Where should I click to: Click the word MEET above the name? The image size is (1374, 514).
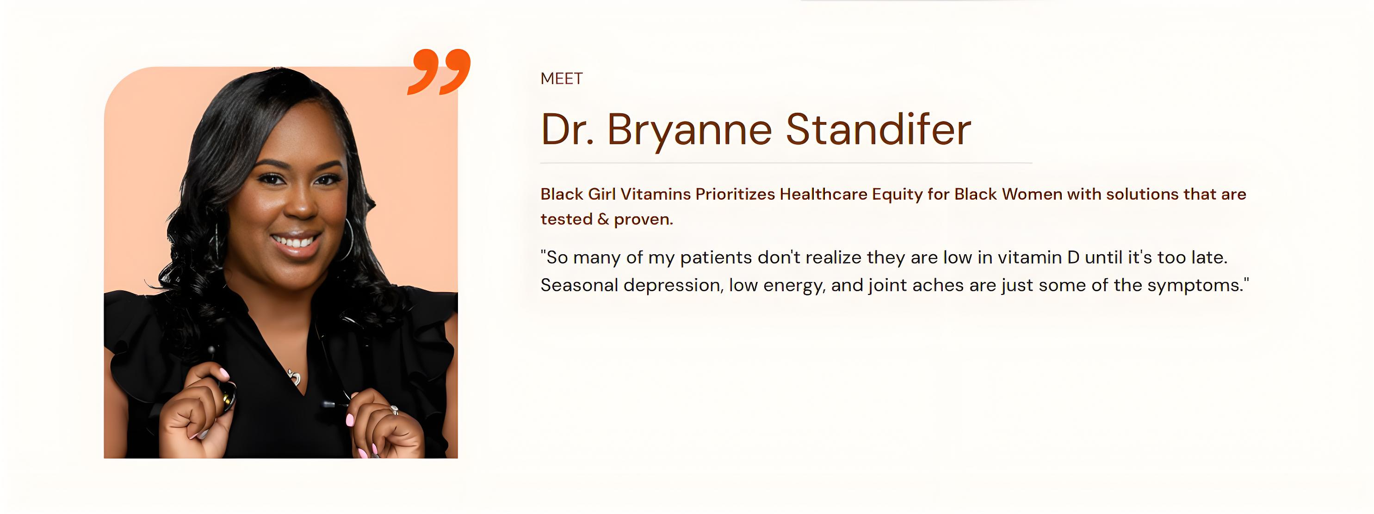pyautogui.click(x=561, y=79)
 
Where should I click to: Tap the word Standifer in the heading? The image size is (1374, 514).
pyautogui.click(x=878, y=129)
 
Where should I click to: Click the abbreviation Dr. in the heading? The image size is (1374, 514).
pyautogui.click(x=567, y=129)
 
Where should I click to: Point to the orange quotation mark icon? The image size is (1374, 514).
pyautogui.click(x=439, y=72)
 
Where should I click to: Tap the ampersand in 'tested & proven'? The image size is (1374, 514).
pyautogui.click(x=603, y=220)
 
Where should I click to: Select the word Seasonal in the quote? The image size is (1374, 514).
pyautogui.click(x=579, y=285)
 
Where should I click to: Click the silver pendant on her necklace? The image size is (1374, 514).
pyautogui.click(x=294, y=378)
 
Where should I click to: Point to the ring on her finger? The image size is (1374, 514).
pyautogui.click(x=394, y=410)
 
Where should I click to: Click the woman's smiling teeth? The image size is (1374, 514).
pyautogui.click(x=295, y=242)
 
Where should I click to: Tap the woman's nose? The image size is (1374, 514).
pyautogui.click(x=301, y=205)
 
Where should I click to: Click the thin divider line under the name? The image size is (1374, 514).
pyautogui.click(x=786, y=163)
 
